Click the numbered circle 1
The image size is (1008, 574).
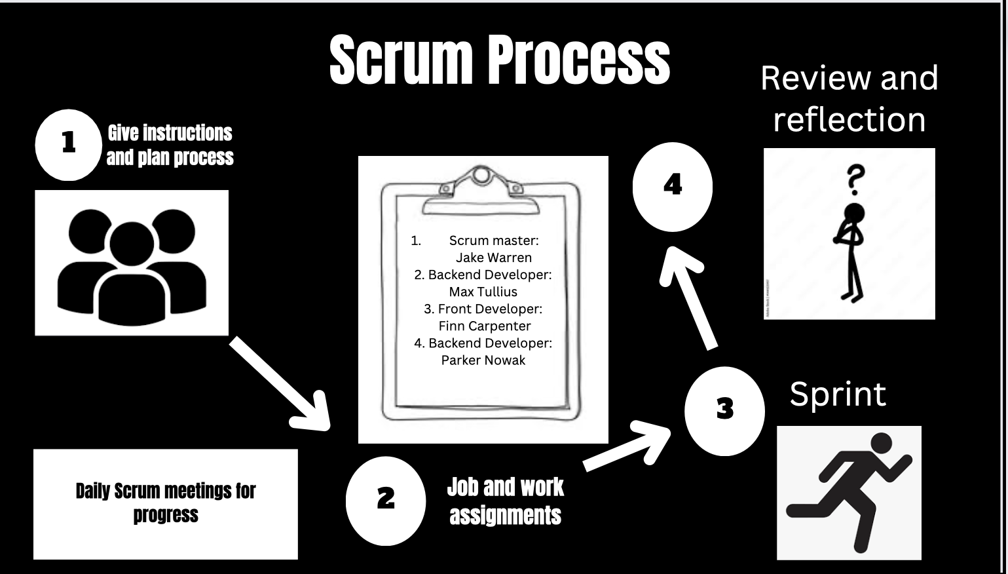(69, 143)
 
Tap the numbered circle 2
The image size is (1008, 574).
(386, 500)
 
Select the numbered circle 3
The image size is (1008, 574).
(724, 410)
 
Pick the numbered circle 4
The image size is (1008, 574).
(673, 186)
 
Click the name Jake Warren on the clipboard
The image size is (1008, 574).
(494, 258)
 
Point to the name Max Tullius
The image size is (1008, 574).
(483, 292)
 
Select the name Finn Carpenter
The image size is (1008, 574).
(485, 326)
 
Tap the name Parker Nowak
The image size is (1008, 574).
(483, 360)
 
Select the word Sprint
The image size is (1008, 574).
(838, 394)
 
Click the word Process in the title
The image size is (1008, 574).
(578, 60)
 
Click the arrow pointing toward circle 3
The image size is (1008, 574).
(625, 446)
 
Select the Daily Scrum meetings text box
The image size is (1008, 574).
(166, 503)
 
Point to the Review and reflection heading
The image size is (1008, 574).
(849, 98)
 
